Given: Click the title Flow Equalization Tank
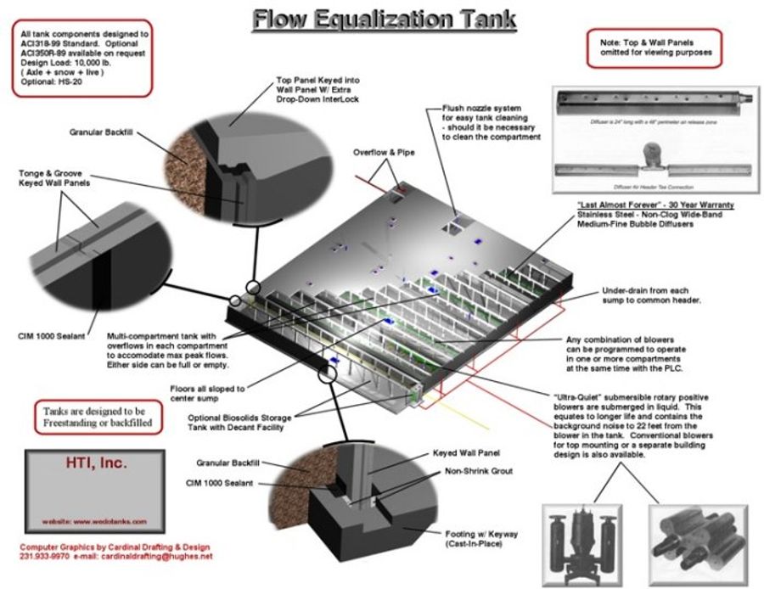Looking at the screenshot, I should [383, 18].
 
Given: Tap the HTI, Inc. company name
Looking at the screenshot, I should [95, 464].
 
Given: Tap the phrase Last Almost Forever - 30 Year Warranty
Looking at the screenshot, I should [654, 205].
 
